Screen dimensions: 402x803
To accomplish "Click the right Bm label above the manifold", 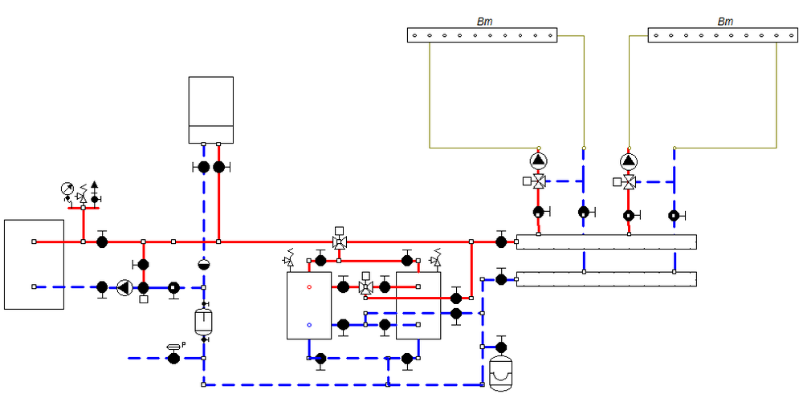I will click(x=724, y=22).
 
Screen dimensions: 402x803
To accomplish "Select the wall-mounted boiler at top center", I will click(x=211, y=110).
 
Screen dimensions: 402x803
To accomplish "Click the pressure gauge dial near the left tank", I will click(x=67, y=189).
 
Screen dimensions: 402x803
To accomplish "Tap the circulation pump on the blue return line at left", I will click(x=124, y=286).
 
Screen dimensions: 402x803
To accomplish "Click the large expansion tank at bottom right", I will click(x=502, y=373).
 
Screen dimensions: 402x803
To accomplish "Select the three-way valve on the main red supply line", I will click(x=339, y=242).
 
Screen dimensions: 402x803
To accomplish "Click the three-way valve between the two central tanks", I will click(x=365, y=286).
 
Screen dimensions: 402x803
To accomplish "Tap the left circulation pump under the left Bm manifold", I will click(x=538, y=160).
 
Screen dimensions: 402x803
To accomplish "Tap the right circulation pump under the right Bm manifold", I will click(x=628, y=160).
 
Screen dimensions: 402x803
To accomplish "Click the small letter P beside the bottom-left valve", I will click(x=183, y=344).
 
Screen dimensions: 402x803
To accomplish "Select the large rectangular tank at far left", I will click(x=34, y=264).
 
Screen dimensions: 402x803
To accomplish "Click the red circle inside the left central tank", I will click(x=309, y=286).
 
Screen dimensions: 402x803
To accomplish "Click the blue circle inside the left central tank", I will click(x=309, y=325).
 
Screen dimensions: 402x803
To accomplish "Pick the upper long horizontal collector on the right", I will click(x=606, y=242).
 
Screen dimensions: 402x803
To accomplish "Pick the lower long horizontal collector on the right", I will click(x=606, y=279).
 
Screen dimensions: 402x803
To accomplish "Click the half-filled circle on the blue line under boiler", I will click(x=204, y=265).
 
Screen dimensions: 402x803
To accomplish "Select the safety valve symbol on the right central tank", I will click(x=437, y=258).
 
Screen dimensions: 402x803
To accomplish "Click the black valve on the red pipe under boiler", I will click(x=218, y=167).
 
